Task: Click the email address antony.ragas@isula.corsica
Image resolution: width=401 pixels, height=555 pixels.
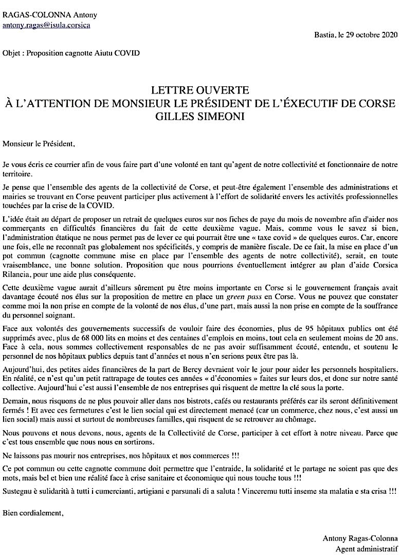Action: pyautogui.click(x=46, y=25)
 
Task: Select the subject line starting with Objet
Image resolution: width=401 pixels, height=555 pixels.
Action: pyautogui.click(x=71, y=53)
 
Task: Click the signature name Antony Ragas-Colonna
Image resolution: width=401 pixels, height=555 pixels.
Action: pyautogui.click(x=360, y=538)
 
